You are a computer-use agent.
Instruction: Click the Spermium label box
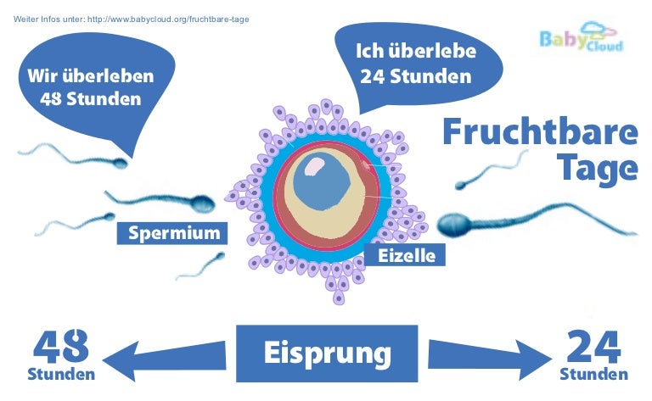click(173, 232)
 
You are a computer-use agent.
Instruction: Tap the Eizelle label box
click(406, 254)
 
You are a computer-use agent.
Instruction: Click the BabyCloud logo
click(582, 39)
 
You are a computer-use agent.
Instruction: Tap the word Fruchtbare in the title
click(539, 134)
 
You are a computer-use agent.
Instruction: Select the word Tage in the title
click(598, 167)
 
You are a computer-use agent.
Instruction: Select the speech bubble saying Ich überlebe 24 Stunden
click(414, 64)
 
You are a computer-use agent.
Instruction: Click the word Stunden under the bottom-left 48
click(61, 374)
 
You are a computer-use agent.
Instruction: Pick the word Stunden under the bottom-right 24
click(593, 374)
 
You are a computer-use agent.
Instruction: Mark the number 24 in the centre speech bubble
click(374, 76)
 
